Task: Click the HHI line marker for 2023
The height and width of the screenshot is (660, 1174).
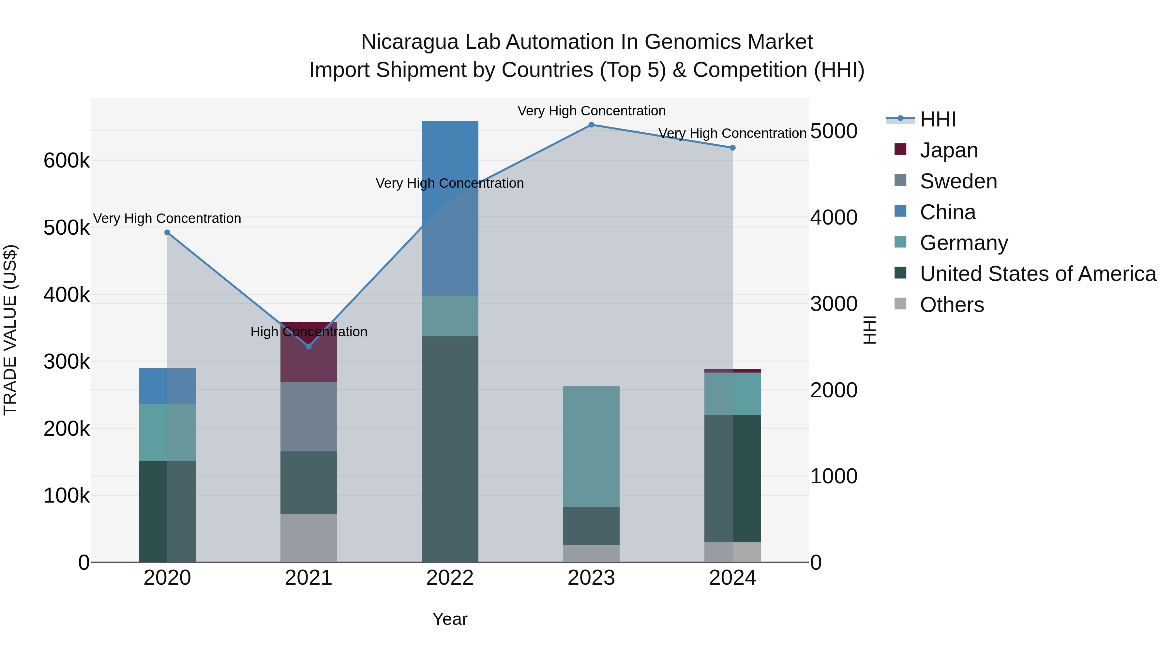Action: pos(591,125)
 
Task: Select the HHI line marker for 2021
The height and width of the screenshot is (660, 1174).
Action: pos(309,347)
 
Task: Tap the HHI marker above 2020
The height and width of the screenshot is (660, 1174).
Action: pos(167,233)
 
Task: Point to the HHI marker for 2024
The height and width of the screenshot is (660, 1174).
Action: pos(733,148)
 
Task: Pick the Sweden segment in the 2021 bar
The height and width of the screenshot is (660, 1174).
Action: pos(309,417)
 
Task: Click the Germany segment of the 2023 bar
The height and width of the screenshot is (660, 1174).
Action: pos(591,447)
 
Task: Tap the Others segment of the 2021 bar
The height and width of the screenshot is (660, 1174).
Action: pos(309,537)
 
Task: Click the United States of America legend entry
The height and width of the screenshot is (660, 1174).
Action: pos(1038,274)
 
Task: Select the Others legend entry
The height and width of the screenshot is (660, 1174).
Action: pos(952,305)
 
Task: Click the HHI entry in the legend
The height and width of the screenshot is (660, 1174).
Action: pos(938,119)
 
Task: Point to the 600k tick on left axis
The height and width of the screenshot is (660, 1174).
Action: pos(67,161)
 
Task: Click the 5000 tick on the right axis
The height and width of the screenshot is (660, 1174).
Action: pos(834,131)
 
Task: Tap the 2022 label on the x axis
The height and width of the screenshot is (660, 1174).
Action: pos(450,578)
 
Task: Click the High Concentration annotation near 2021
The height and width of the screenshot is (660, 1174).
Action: pos(309,331)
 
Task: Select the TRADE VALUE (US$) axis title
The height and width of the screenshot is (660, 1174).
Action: pos(10,330)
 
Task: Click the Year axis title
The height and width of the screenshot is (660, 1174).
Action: pos(450,619)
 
